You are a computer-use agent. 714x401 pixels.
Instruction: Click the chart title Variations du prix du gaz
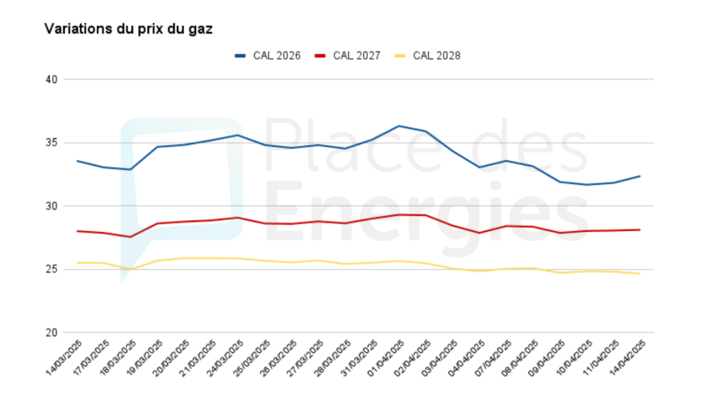128,29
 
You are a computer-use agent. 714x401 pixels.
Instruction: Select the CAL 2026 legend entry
268,56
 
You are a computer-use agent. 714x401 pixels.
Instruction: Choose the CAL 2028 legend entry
427,56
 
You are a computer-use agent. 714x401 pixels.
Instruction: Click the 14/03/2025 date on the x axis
65,357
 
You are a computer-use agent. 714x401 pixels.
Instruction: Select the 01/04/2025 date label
386,357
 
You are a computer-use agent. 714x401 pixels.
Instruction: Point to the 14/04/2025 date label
628,357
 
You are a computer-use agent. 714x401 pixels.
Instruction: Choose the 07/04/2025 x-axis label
493,357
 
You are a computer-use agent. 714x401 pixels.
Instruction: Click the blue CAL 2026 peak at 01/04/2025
399,126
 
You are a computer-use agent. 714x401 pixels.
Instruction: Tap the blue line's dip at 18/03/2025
130,169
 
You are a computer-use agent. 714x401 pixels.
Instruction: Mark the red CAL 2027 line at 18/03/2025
130,236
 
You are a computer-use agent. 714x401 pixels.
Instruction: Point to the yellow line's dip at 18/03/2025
130,269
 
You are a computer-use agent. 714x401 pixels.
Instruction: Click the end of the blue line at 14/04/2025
640,176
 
